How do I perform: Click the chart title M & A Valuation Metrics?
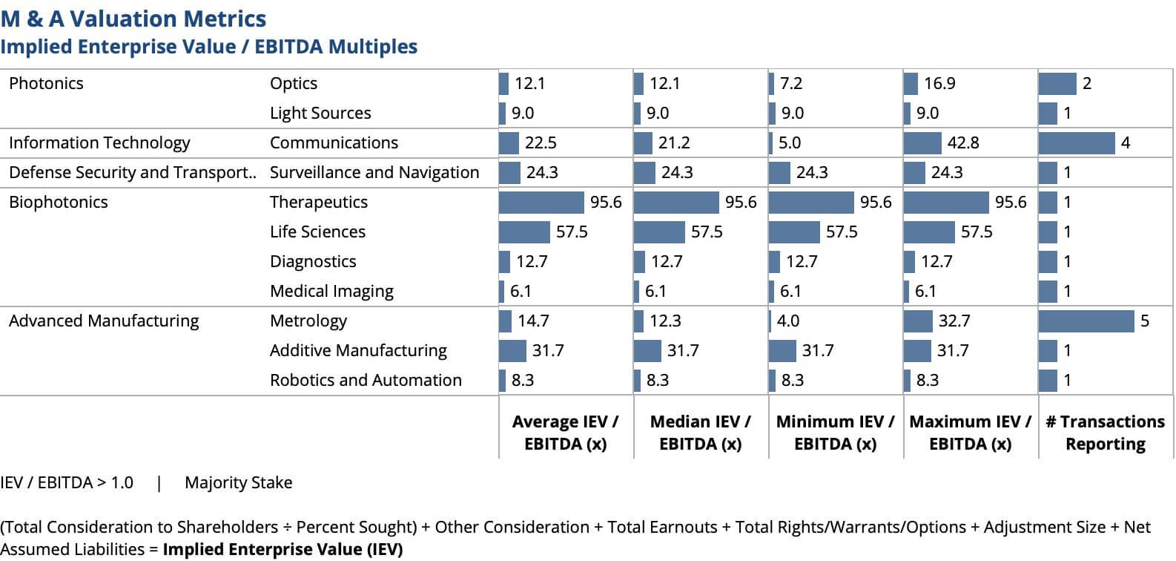tap(133, 19)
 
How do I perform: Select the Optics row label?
tap(294, 83)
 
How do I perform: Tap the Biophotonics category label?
tap(59, 202)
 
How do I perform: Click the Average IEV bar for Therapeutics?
tap(541, 202)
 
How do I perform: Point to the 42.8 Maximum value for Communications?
tap(963, 142)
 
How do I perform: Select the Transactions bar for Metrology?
tap(1086, 321)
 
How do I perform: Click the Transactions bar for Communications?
tap(1077, 142)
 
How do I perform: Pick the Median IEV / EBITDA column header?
tap(700, 432)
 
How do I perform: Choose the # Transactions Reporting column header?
tap(1105, 432)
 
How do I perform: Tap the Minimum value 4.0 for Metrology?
tap(788, 321)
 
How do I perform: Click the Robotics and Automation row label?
tap(366, 380)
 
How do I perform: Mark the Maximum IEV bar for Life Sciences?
tap(929, 232)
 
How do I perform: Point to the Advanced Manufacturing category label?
tap(104, 321)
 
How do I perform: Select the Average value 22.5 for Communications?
tap(541, 142)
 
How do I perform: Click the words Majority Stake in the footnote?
tap(238, 482)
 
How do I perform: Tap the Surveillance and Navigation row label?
tap(374, 172)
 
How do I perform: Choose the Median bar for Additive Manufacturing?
tap(647, 350)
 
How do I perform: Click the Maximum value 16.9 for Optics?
tap(939, 83)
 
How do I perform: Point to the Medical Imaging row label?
tap(331, 291)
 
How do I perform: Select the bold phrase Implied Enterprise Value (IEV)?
tap(283, 549)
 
